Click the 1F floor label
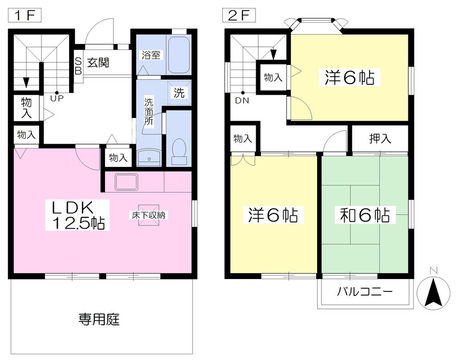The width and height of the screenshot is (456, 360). [25, 16]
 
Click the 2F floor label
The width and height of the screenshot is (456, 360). [239, 16]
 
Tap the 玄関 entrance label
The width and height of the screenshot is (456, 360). [98, 62]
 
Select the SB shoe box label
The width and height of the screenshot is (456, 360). [78, 66]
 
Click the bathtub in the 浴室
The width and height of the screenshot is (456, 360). [179, 55]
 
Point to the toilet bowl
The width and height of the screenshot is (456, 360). [179, 152]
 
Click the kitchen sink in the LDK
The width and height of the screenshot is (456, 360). [126, 182]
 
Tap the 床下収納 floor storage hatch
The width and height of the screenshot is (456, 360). [149, 215]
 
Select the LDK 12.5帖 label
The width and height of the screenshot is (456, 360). [77, 215]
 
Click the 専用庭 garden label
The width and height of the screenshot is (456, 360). [99, 320]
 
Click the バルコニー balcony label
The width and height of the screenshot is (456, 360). [365, 291]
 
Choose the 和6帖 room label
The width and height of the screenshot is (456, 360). [365, 215]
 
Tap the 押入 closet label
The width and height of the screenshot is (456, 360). [380, 138]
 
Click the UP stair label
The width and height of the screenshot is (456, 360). [57, 98]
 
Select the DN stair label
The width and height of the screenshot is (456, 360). [242, 101]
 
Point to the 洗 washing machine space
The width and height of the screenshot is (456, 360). [179, 93]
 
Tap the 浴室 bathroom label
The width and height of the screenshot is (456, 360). [151, 55]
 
